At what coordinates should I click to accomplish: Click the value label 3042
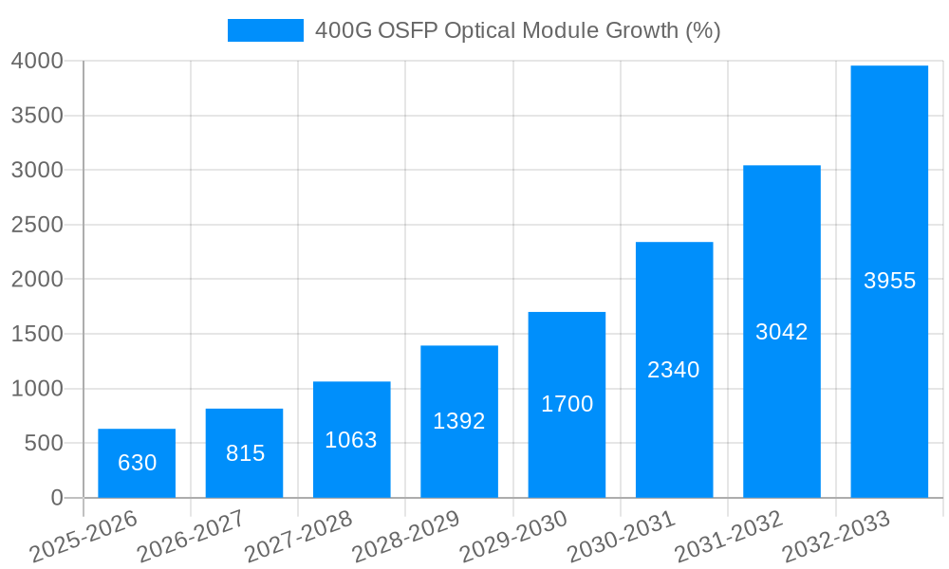coord(781,332)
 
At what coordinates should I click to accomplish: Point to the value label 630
coord(137,463)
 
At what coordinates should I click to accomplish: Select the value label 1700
coord(567,404)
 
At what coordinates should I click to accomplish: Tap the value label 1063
coord(351,440)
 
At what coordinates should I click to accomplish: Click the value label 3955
coord(889,281)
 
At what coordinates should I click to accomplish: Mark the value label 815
coord(245,453)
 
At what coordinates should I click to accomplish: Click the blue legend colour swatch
coord(265,30)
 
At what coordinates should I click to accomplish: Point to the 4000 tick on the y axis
coord(37,61)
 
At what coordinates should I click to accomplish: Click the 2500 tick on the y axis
coord(37,225)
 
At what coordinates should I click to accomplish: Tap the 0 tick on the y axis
coord(56,498)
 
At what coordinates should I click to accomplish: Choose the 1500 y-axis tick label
coord(37,334)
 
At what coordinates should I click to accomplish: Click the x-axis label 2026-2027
coord(191,536)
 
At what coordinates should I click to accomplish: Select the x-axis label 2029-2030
coord(513,536)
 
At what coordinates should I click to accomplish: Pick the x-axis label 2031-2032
coord(729,536)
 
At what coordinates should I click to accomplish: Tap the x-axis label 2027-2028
coord(298,536)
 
